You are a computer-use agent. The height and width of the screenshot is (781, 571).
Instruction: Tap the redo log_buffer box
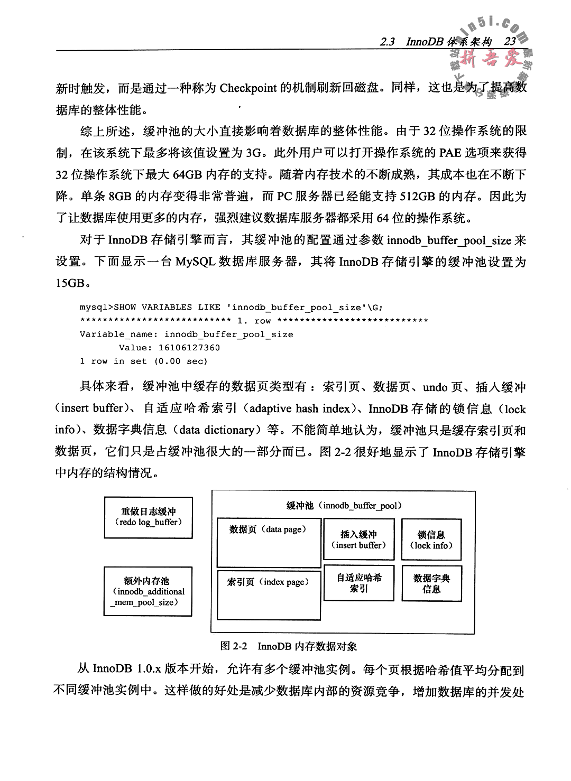click(148, 517)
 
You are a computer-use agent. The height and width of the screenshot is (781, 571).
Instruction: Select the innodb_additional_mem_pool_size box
click(148, 591)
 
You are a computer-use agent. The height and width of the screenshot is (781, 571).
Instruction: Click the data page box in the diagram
click(269, 542)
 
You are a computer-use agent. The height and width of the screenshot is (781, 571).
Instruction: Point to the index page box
click(269, 594)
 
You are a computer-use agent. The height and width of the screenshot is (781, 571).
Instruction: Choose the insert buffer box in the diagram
click(359, 540)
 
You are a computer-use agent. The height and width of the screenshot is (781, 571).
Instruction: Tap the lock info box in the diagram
click(431, 540)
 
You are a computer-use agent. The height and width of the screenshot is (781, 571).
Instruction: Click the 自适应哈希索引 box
click(359, 582)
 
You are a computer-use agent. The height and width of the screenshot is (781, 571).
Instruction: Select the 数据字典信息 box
click(431, 583)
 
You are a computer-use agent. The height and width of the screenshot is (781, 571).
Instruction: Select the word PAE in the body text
click(449, 153)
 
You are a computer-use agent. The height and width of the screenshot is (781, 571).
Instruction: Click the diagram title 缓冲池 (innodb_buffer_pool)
click(344, 506)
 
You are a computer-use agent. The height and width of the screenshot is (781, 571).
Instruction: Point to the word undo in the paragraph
click(435, 387)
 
